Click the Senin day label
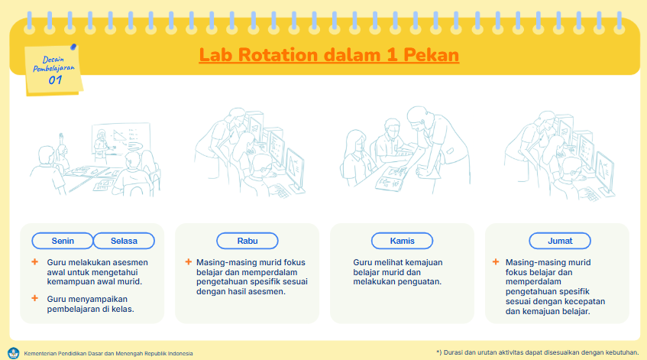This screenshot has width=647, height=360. tap(63, 241)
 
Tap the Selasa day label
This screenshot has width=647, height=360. tap(124, 241)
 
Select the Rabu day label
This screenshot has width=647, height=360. tap(247, 241)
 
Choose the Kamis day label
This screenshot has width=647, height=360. tap(402, 241)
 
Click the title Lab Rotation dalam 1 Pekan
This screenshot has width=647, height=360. tap(328, 56)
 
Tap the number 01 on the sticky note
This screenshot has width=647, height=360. tap(55, 79)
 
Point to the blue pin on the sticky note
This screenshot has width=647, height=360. tap(73, 47)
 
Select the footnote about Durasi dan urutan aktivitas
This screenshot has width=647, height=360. tap(537, 352)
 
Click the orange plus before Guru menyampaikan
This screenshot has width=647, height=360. tap(34, 298)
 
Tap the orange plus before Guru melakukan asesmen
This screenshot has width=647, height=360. tap(34, 262)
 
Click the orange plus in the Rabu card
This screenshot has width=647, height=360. tap(188, 262)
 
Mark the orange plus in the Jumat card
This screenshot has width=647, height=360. tap(497, 262)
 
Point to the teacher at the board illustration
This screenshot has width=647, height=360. tap(99, 143)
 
